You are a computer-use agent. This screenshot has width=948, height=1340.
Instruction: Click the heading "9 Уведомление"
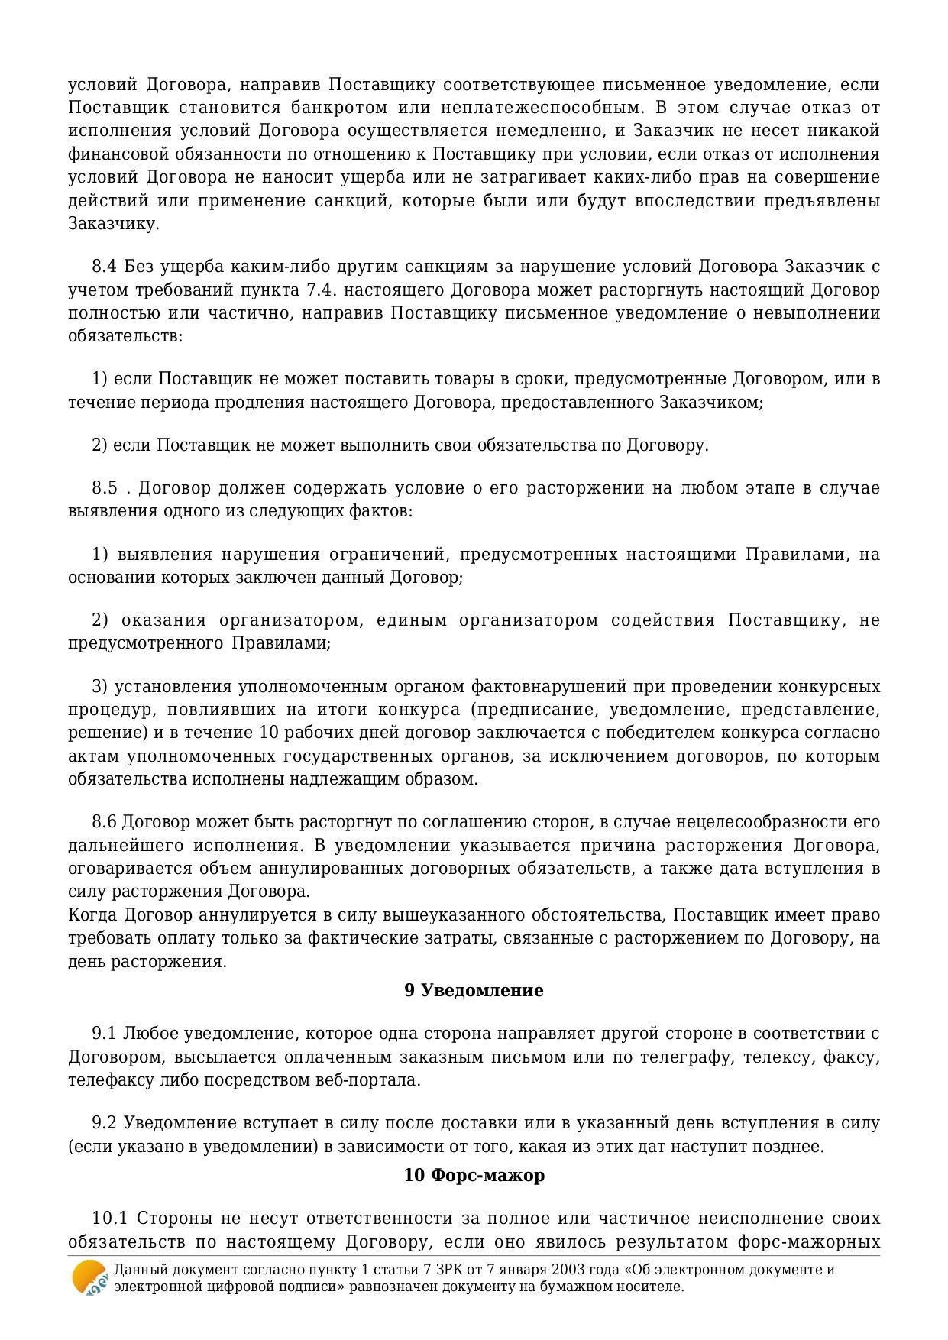pyautogui.click(x=474, y=990)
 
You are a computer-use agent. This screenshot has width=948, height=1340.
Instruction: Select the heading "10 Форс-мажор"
pyautogui.click(x=474, y=1175)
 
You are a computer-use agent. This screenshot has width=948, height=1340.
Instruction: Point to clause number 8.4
pyautogui.click(x=104, y=267)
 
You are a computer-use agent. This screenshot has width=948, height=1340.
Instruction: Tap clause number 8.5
pyautogui.click(x=105, y=487)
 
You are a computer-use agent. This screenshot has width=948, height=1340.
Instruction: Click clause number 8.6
pyautogui.click(x=104, y=822)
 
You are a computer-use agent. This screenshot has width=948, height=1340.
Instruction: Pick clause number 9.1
pyautogui.click(x=104, y=1034)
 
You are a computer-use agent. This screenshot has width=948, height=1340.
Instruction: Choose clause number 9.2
pyautogui.click(x=104, y=1123)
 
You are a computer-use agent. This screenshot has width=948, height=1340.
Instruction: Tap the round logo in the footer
pyautogui.click(x=89, y=1277)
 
